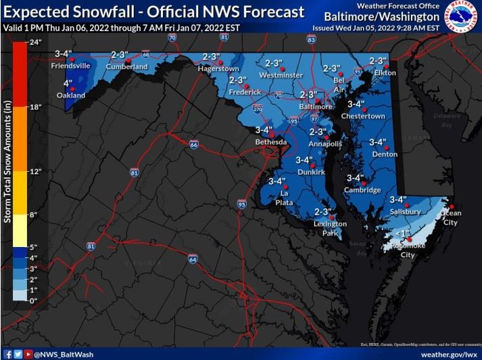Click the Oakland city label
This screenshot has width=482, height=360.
[71, 96]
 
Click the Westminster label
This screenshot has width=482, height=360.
[281, 75]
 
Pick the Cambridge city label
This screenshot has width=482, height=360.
[362, 190]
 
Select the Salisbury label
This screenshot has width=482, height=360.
[406, 212]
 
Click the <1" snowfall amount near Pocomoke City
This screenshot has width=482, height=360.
[404, 233]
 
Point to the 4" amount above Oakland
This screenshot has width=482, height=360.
[68, 83]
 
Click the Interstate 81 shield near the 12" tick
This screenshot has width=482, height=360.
[134, 173]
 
